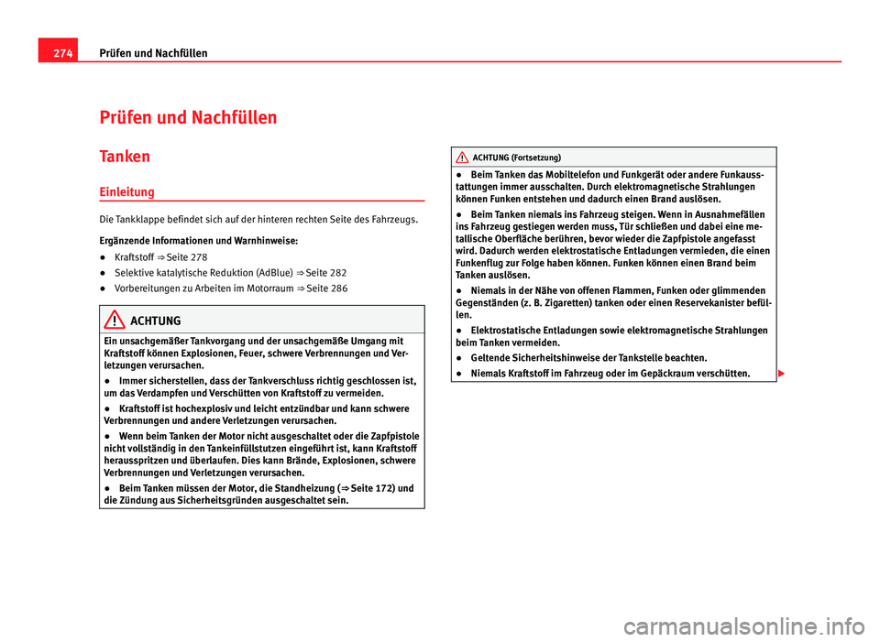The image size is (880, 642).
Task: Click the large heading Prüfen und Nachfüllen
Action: click(x=188, y=117)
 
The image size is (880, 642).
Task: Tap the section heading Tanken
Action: click(x=125, y=156)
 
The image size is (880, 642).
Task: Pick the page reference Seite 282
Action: click(x=329, y=273)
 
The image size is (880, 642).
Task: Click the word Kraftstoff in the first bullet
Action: click(x=135, y=257)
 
